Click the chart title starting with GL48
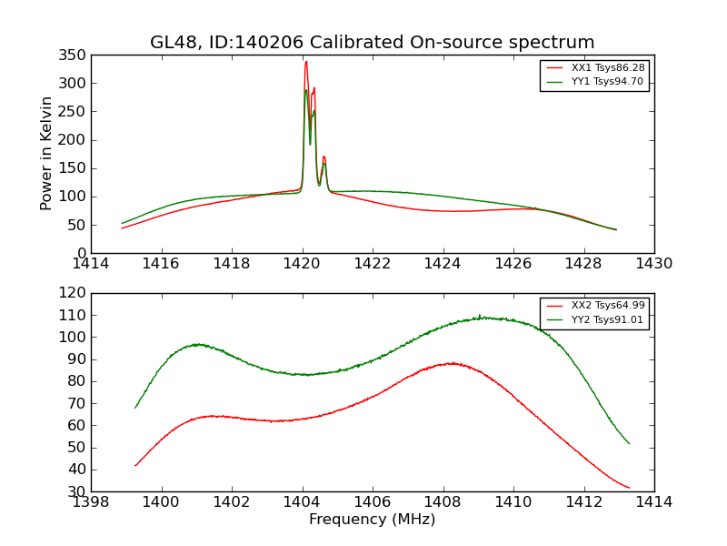tap(372, 42)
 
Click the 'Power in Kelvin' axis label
tap(46, 154)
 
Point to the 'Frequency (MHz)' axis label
tap(372, 520)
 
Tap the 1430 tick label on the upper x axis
tap(653, 264)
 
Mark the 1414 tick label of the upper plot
tap(91, 264)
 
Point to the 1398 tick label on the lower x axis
tap(91, 502)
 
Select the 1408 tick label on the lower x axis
tap(443, 502)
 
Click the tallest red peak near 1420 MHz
tap(306, 62)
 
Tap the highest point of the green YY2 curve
tap(480, 316)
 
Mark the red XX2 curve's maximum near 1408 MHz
tap(452, 363)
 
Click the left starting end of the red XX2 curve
tap(135, 465)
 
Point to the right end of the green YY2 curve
tap(629, 443)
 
